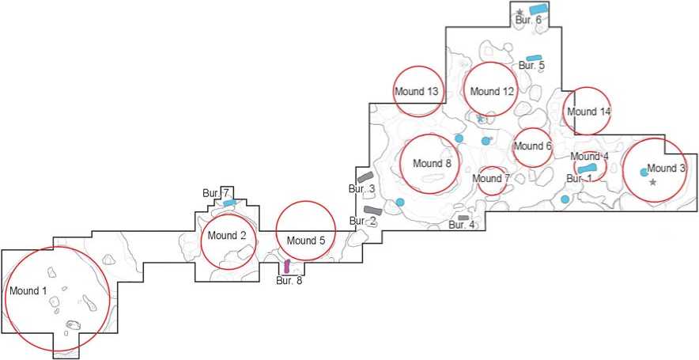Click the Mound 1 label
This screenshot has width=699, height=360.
28,291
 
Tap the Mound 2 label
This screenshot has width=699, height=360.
228,235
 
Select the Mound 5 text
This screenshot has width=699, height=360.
306,241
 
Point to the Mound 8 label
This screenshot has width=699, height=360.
431,164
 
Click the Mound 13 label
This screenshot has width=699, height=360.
417,92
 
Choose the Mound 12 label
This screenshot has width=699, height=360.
492,92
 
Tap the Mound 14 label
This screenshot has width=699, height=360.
589,112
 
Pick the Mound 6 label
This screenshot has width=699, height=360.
532,146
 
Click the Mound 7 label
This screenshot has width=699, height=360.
492,178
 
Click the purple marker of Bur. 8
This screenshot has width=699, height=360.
287,266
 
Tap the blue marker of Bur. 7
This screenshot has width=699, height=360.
229,203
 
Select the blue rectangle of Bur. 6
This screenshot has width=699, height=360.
538,9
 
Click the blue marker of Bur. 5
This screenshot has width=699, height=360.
535,58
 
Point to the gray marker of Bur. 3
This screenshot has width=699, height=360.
365,176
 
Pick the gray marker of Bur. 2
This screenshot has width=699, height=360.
373,210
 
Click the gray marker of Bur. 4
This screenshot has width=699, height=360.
463,218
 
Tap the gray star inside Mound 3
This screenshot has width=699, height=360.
652,183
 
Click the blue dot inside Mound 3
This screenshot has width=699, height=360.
644,172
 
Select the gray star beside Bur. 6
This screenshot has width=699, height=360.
520,12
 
